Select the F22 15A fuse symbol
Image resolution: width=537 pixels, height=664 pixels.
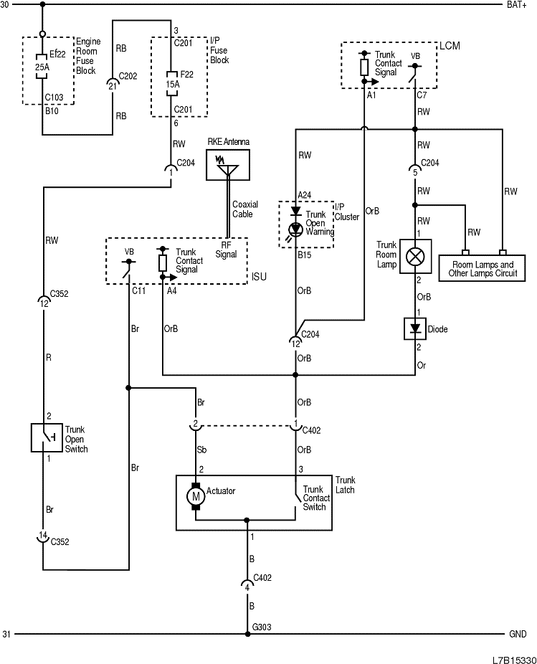pyautogui.click(x=171, y=79)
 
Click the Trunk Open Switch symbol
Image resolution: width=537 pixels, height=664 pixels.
pyautogui.click(x=46, y=437)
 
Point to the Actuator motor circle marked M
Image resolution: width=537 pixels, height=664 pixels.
pyautogui.click(x=195, y=495)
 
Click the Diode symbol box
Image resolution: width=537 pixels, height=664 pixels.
pyautogui.click(x=414, y=329)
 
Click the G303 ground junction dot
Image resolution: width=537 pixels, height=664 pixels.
pyautogui.click(x=247, y=634)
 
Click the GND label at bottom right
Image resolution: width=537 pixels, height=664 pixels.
pyautogui.click(x=518, y=635)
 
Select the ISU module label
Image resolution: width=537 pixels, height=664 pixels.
pyautogui.click(x=258, y=277)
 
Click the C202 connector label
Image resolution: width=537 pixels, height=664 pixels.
pyautogui.click(x=128, y=75)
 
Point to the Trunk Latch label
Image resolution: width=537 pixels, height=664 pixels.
pyautogui.click(x=346, y=484)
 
